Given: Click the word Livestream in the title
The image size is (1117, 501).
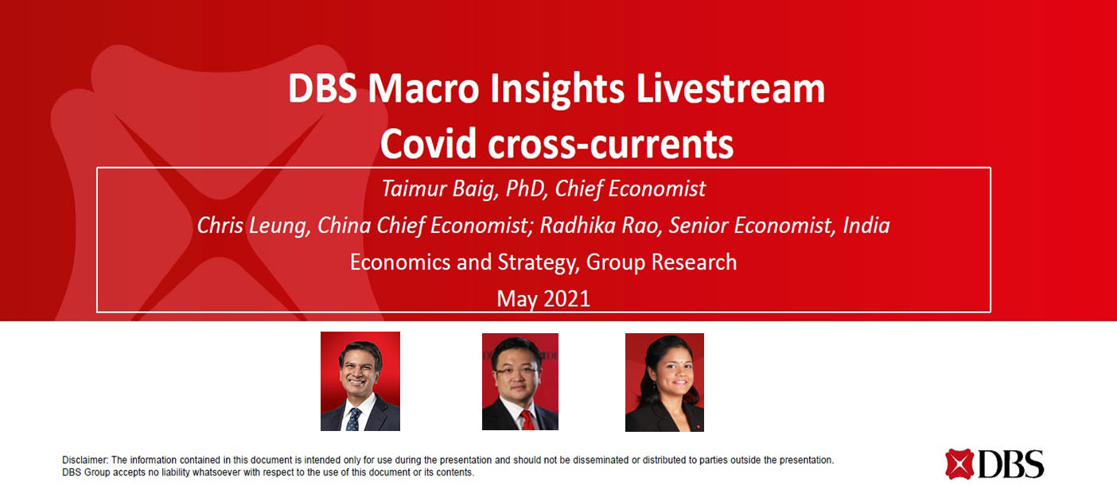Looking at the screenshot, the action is tap(730, 89).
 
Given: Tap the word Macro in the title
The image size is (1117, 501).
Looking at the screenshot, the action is tap(423, 89).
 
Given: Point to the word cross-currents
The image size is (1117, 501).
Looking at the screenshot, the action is tap(611, 145).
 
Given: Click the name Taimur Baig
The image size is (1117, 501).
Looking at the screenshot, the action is tap(440, 189).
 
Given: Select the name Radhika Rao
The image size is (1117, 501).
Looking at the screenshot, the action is tap(600, 226).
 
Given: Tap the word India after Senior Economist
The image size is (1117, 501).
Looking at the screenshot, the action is tap(866, 226).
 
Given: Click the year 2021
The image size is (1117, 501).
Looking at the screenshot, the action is tap(566, 299).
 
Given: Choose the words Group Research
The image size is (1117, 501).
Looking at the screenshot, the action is tap(661, 262).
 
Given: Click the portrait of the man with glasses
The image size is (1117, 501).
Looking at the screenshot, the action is tap(520, 382).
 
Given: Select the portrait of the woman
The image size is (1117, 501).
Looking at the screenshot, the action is tap(665, 383).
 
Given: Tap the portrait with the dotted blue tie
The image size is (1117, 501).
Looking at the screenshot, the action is tap(360, 382).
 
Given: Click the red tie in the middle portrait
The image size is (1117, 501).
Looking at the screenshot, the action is tap(527, 420).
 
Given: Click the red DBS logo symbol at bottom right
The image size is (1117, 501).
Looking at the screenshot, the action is tap(959, 464).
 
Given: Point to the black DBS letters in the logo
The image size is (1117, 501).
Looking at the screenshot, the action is tap(1011, 464).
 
